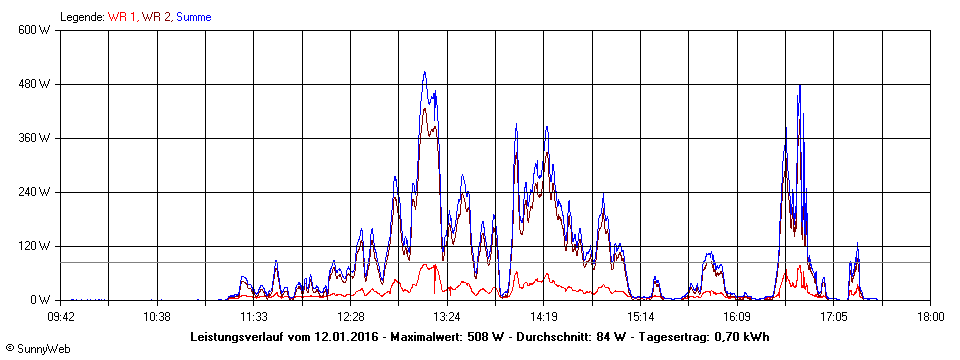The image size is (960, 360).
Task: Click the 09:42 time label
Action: (x=61, y=316)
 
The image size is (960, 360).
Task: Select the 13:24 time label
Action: (x=447, y=316)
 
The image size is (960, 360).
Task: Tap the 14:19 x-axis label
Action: (x=543, y=316)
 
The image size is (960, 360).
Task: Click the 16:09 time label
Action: (x=737, y=316)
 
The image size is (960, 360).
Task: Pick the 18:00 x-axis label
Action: (x=930, y=316)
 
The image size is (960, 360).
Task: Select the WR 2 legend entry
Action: (x=156, y=17)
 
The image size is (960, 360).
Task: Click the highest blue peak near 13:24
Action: (x=424, y=72)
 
